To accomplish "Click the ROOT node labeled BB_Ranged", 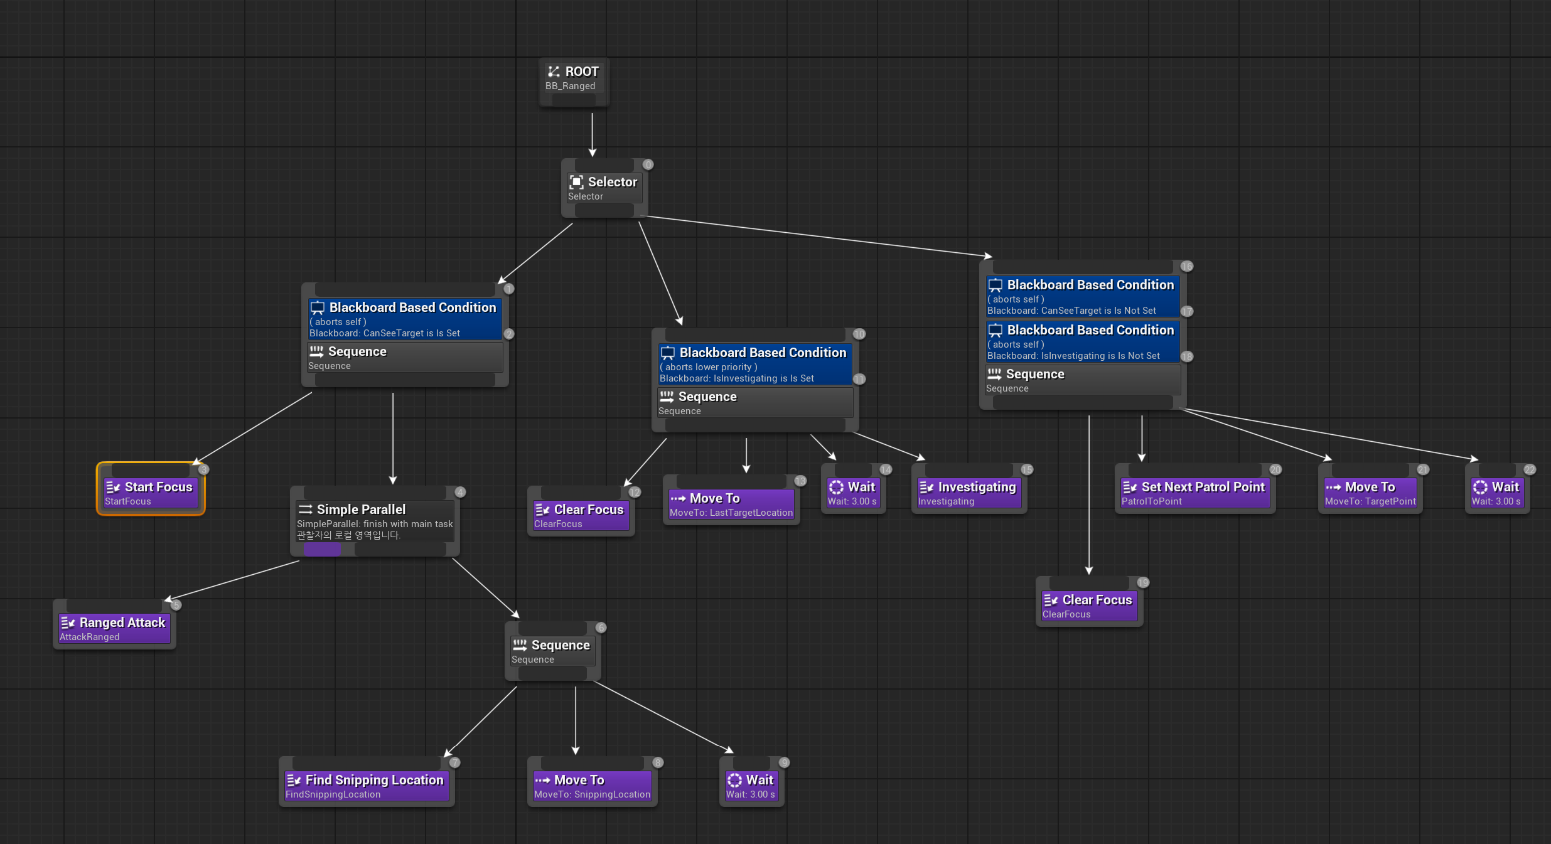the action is pos(573,78).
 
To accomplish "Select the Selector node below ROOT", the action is pos(604,188).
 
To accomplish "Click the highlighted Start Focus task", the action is pos(151,493).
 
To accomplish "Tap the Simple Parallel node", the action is pos(374,521).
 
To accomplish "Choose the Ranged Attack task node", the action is pos(114,628).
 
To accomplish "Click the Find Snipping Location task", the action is pos(366,786).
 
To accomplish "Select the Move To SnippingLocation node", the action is pos(592,786).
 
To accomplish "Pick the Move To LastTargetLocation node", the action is pos(731,504).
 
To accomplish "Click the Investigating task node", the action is pos(969,493).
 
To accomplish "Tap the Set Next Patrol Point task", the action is pos(1194,493).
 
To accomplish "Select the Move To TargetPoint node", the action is pos(1370,493).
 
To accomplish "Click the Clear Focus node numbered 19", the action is pos(1088,606).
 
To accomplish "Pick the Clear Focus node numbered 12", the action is pos(581,515).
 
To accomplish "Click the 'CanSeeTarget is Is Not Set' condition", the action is pos(1082,297).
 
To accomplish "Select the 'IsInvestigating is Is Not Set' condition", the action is pos(1082,343).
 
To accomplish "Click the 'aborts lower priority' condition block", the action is pos(754,365).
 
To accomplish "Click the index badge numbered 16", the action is pos(1186,266).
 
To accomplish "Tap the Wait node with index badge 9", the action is pos(751,786).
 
